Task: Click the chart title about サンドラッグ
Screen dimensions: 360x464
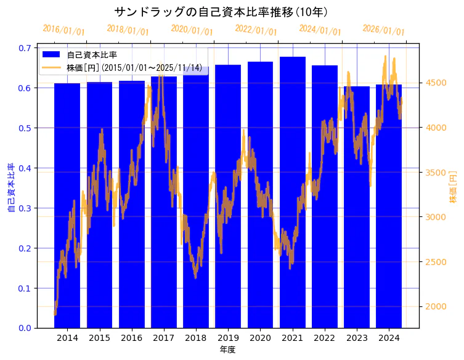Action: click(x=221, y=12)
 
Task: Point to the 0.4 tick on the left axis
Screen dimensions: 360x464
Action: click(x=26, y=168)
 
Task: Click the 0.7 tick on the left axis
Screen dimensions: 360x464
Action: click(x=26, y=47)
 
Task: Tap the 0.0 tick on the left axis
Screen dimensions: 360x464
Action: click(x=26, y=328)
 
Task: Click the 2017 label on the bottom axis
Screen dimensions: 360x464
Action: click(x=163, y=338)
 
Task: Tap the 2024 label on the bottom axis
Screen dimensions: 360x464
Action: click(x=389, y=338)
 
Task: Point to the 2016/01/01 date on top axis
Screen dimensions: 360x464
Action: click(x=63, y=30)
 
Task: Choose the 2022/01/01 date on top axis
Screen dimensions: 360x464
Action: click(x=256, y=30)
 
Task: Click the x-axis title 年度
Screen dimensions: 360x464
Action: click(x=227, y=350)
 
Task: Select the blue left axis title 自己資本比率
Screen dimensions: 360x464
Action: click(x=11, y=187)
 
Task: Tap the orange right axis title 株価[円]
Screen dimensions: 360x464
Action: click(x=453, y=187)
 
